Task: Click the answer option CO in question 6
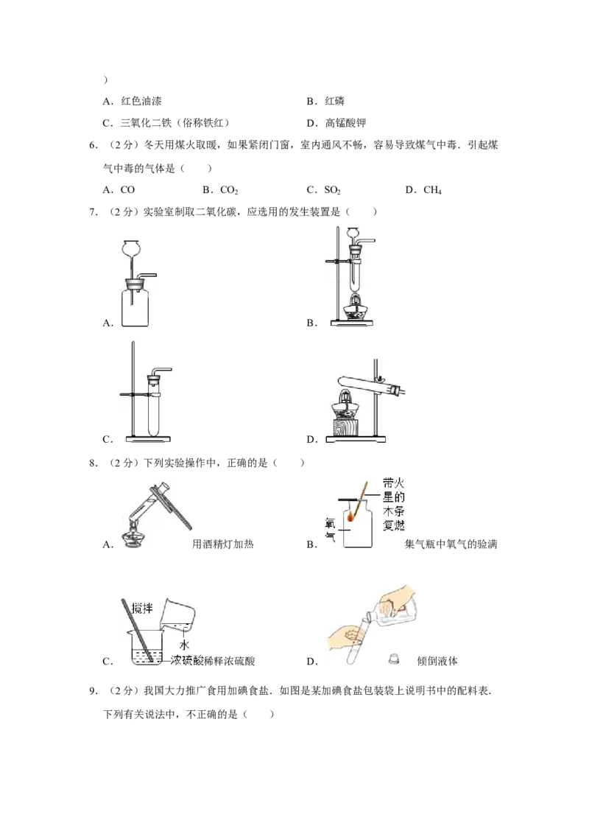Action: coord(127,190)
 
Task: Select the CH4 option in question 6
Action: coord(432,190)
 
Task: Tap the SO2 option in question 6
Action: coord(332,190)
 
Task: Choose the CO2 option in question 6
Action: coord(229,190)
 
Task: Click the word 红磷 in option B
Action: coord(335,101)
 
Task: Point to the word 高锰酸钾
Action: coord(345,123)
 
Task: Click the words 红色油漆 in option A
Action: coord(141,101)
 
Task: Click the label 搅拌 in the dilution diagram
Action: coord(142,607)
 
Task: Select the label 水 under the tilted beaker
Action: coord(185,645)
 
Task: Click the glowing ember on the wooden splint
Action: coord(351,516)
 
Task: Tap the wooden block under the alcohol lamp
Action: coord(345,427)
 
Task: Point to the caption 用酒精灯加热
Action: coord(223,544)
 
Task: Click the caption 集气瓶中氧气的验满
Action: coord(451,544)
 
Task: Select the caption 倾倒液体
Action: coord(437,661)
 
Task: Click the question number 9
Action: coord(94,691)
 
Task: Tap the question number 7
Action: coord(94,211)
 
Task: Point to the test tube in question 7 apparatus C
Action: coord(154,407)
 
